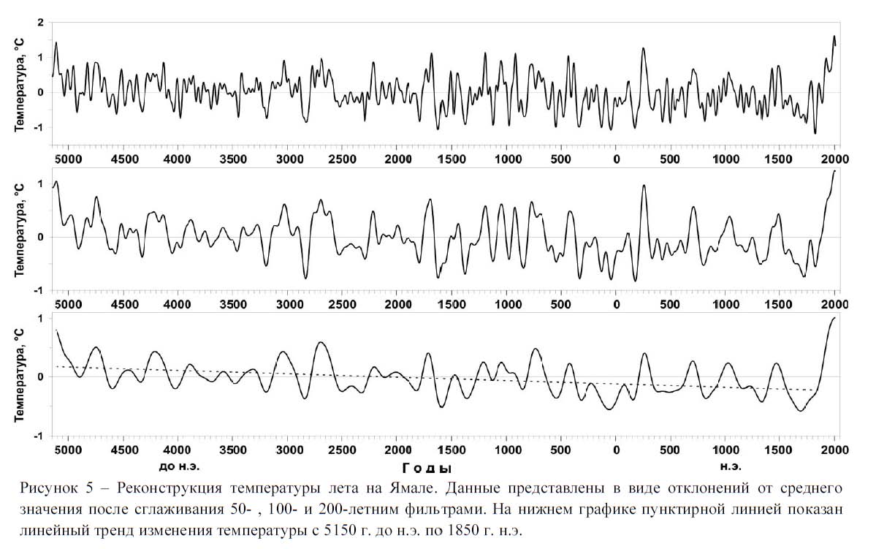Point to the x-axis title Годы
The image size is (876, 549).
pyautogui.click(x=427, y=467)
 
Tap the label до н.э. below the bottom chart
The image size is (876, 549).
pyautogui.click(x=178, y=465)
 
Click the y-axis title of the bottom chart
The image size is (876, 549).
pyautogui.click(x=22, y=376)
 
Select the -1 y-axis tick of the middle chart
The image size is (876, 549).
pyautogui.click(x=39, y=290)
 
